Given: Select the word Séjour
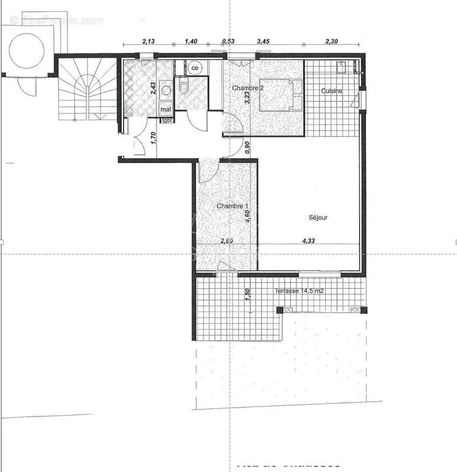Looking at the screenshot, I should tap(318, 217).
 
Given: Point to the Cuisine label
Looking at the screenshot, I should tap(332, 91).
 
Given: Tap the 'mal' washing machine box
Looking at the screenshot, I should tap(165, 109).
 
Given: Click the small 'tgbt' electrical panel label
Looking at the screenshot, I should tap(167, 120).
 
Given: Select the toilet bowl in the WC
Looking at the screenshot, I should tap(184, 88).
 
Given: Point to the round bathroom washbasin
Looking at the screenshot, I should tap(166, 90).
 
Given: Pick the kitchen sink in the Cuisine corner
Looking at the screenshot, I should tap(341, 67).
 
